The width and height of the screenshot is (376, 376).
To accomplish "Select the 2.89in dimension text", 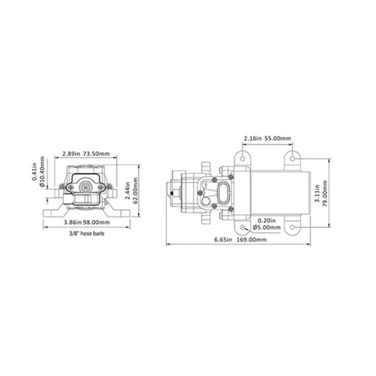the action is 71,154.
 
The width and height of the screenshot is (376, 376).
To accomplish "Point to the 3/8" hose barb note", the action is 86,234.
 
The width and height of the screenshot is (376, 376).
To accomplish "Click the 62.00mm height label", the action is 136,190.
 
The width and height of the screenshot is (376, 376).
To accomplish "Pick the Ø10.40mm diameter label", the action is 42,172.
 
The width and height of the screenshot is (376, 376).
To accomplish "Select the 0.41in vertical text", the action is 34,172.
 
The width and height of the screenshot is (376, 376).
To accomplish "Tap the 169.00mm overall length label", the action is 251,239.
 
